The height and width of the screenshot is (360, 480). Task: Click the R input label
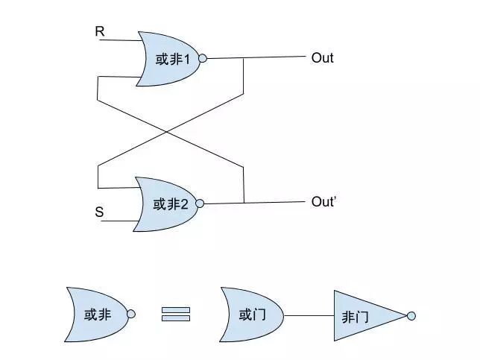click(x=100, y=31)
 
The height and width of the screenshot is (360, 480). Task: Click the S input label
click(x=99, y=212)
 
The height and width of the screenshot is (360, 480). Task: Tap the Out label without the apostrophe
click(x=322, y=57)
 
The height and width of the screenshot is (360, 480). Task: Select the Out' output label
click(x=325, y=202)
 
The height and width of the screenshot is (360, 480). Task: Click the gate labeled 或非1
click(x=169, y=58)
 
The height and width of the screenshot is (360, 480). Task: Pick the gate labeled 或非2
click(x=167, y=203)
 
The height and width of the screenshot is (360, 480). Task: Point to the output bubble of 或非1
click(x=202, y=58)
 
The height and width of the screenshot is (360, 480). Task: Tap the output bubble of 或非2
click(x=200, y=203)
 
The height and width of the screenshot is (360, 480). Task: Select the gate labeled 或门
click(x=252, y=315)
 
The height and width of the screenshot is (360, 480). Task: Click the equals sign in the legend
click(x=176, y=315)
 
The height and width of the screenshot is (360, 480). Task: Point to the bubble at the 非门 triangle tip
click(x=411, y=316)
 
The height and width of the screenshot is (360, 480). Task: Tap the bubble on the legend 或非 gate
click(x=130, y=315)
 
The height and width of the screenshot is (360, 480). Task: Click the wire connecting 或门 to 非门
click(x=309, y=316)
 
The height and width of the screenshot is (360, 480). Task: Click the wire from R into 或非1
click(x=119, y=40)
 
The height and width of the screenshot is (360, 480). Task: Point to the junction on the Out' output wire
click(x=244, y=203)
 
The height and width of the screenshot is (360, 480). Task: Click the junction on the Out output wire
click(x=244, y=58)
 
